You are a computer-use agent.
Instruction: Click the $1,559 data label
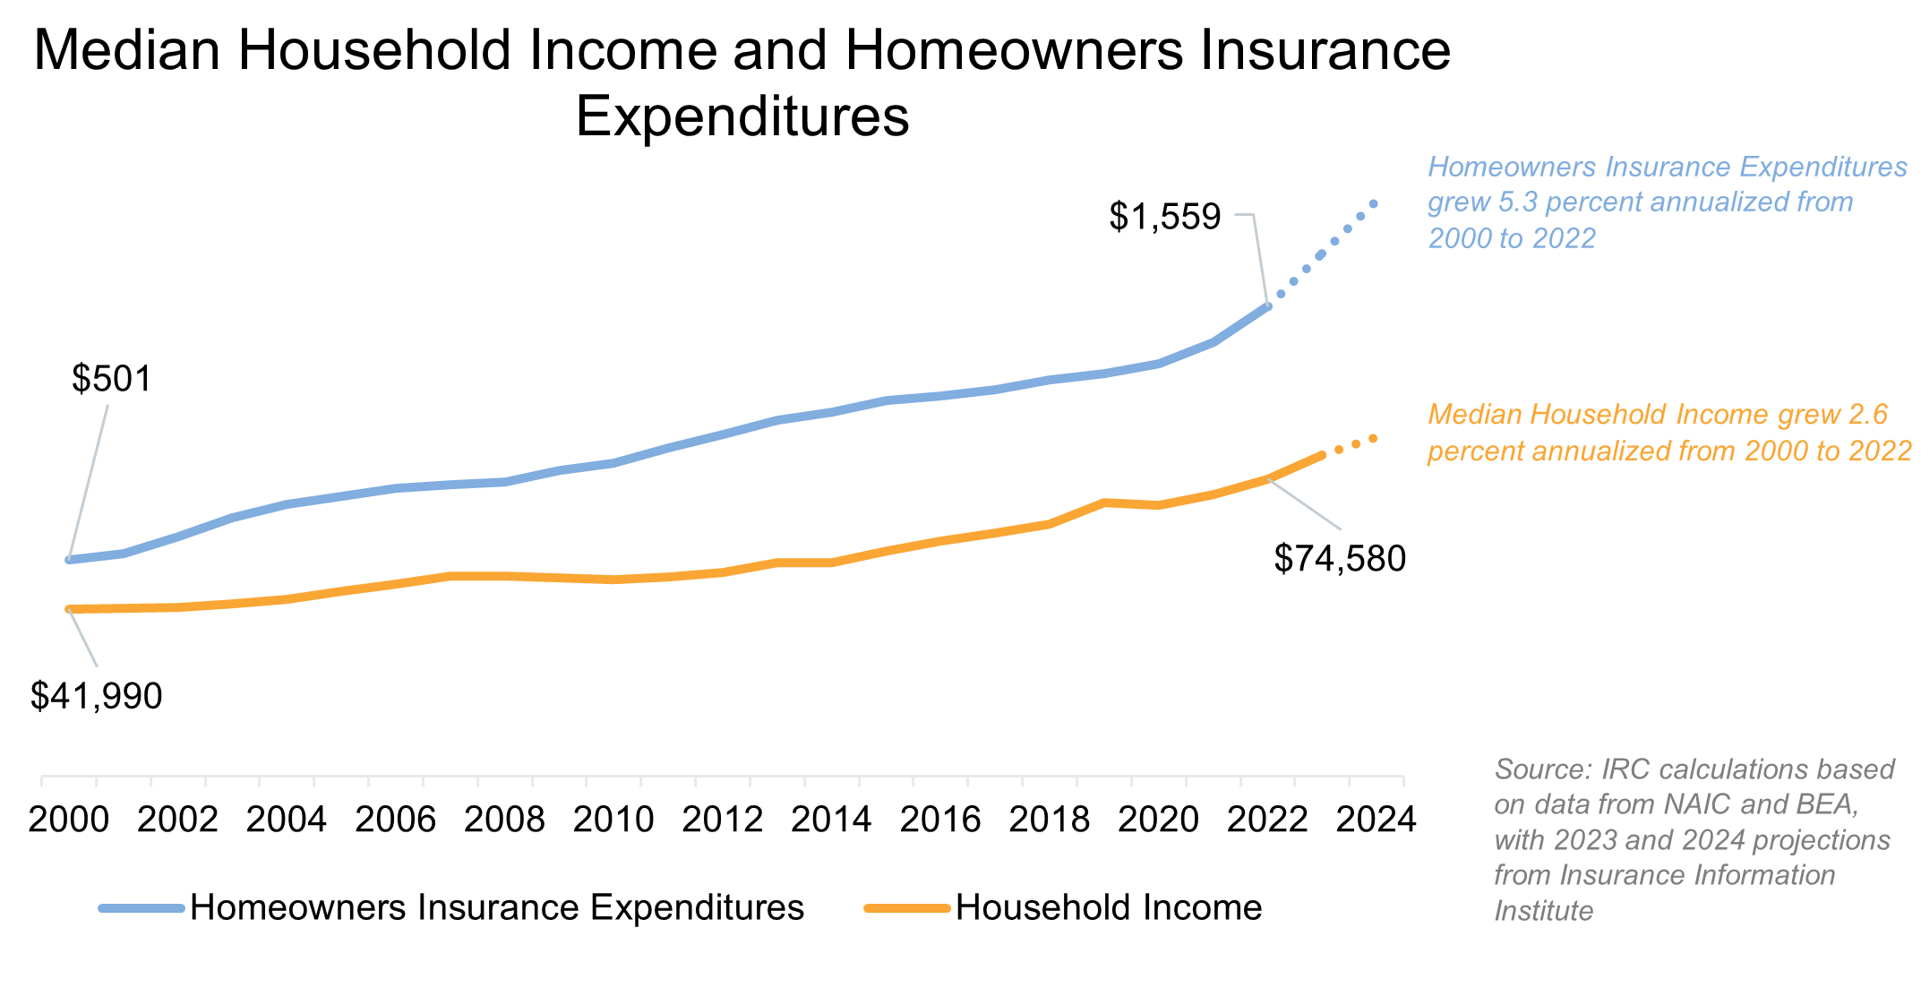(1164, 217)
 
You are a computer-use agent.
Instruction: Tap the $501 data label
(112, 379)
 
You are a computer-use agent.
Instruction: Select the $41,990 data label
(96, 696)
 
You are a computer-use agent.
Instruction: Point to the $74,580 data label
(1340, 559)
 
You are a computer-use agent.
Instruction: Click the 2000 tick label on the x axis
(69, 820)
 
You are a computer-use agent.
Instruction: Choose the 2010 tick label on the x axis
(613, 820)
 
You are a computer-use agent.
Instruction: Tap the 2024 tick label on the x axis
(1376, 820)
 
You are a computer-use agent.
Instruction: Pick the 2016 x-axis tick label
(940, 820)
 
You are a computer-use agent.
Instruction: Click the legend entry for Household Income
(1108, 908)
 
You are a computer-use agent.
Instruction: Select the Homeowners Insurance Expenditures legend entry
(496, 908)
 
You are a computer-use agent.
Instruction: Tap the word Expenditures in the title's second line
(742, 116)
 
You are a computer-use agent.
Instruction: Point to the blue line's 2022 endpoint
(1267, 306)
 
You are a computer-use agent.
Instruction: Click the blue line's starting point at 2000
(69, 560)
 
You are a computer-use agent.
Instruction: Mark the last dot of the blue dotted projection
(1375, 204)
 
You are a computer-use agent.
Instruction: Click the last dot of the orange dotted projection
(1374, 438)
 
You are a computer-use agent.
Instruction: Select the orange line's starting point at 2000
(69, 609)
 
